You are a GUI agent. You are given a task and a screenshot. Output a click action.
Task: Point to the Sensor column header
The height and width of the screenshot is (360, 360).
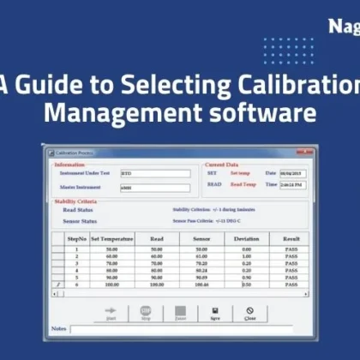tap(201, 239)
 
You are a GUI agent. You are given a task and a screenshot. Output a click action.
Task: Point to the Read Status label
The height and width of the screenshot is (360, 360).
tap(78, 209)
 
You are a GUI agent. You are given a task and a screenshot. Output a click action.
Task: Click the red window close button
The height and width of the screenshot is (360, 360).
tap(306, 152)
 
